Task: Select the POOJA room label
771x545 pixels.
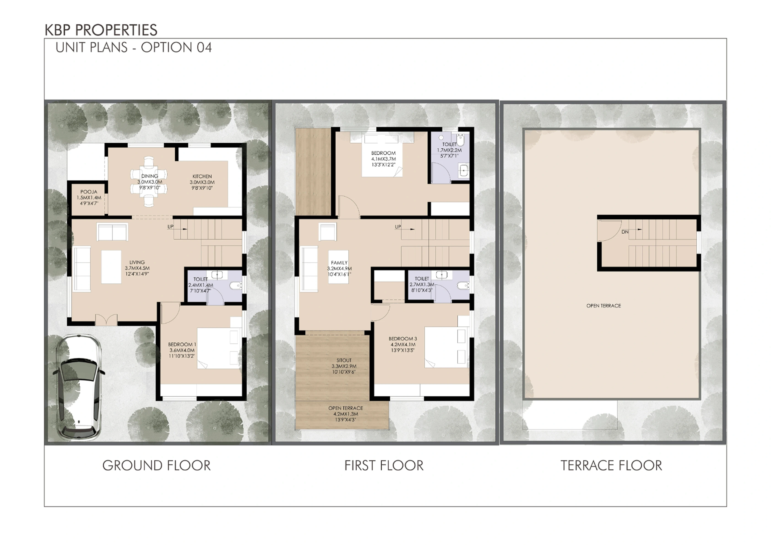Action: pyautogui.click(x=89, y=192)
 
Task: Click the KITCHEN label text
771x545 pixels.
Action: pyautogui.click(x=202, y=176)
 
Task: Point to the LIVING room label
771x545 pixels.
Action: pyautogui.click(x=137, y=262)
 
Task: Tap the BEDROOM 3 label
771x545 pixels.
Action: pyautogui.click(x=403, y=339)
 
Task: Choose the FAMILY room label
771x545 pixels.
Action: pyautogui.click(x=339, y=263)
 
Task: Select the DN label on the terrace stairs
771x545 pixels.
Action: pyautogui.click(x=625, y=232)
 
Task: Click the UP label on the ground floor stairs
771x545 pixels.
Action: pyautogui.click(x=171, y=226)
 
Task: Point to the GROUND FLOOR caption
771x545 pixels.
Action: pyautogui.click(x=157, y=466)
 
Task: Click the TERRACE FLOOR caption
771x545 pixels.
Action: pyautogui.click(x=611, y=466)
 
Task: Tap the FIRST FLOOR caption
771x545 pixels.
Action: pyautogui.click(x=384, y=466)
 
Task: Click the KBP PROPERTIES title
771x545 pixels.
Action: pyautogui.click(x=101, y=30)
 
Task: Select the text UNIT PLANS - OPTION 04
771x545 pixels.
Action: pyautogui.click(x=134, y=47)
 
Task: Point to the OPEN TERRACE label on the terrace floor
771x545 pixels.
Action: pyautogui.click(x=603, y=306)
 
